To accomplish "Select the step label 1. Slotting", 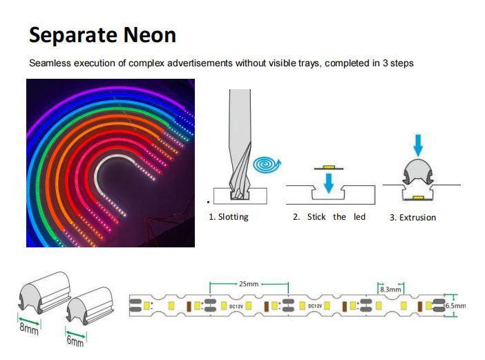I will click(x=229, y=217).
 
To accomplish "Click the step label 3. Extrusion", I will click(x=412, y=218).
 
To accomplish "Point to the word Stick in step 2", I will click(x=317, y=217).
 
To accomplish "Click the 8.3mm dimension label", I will click(x=391, y=290).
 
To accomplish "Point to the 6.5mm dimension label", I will click(x=455, y=305).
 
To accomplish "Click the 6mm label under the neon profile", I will click(x=75, y=341).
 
